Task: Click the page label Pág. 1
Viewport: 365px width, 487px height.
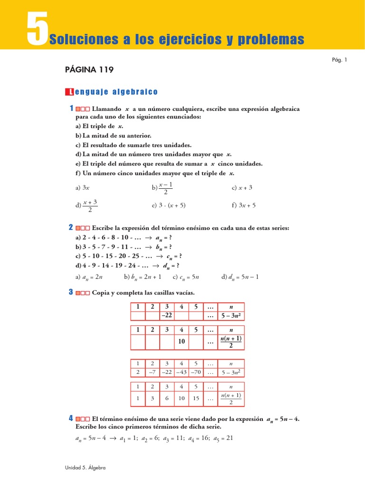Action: (x=340, y=59)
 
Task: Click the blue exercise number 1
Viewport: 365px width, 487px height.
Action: (x=71, y=109)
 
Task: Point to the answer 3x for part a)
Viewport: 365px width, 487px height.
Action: (x=86, y=188)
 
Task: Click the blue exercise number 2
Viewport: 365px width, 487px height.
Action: (x=71, y=228)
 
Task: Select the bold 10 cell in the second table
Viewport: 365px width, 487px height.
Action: (x=182, y=341)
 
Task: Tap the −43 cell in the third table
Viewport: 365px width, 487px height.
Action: (x=181, y=371)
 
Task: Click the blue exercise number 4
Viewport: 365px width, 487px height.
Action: (x=71, y=419)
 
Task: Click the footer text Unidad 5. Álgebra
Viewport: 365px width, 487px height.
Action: (x=85, y=468)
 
